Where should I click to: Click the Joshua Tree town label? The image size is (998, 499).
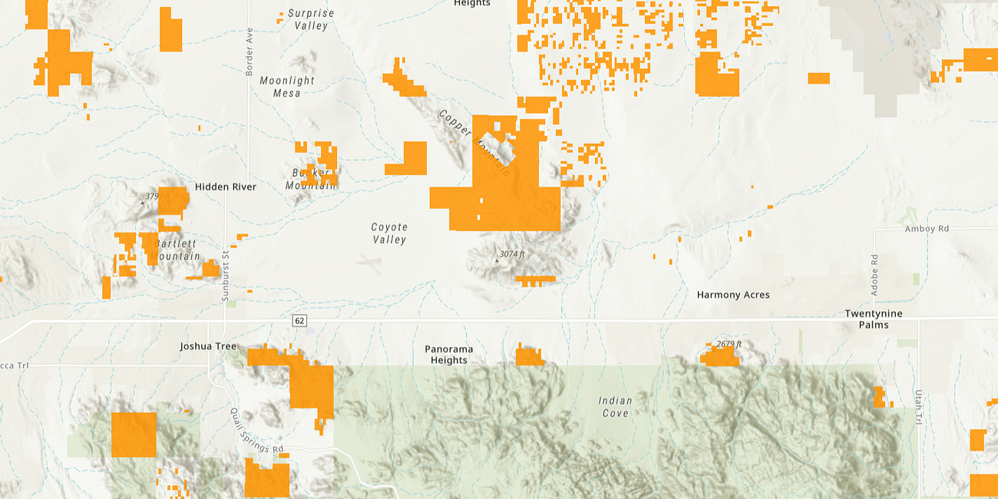pos(208,346)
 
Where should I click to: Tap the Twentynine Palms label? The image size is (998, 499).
pos(874,319)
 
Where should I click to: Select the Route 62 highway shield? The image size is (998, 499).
pos(299,320)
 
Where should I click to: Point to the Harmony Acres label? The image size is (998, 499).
pos(732,295)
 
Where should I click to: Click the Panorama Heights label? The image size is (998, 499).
pos(449,355)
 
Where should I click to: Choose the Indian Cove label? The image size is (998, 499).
pos(615,407)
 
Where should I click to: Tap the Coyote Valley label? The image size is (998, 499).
pos(389,233)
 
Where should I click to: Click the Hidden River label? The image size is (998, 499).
pos(226,187)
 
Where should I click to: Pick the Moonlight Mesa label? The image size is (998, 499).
pos(287,87)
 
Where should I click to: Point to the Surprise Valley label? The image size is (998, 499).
pos(311,19)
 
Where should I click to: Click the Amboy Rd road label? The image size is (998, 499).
pos(927,229)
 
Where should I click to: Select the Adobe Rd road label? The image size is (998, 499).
pos(874,276)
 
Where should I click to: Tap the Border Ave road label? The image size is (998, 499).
pos(249,52)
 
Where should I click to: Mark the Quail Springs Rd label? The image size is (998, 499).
pos(257,430)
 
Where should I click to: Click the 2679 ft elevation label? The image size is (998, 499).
pos(729,344)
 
